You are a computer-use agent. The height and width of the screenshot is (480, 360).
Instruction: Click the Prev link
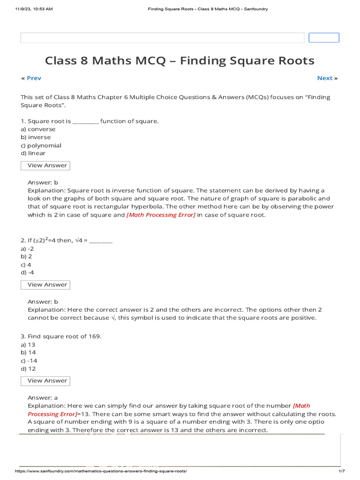tap(34, 78)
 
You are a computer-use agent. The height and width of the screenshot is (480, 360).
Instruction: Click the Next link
tap(325, 78)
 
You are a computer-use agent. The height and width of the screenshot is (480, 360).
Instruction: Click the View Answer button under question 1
tap(45, 165)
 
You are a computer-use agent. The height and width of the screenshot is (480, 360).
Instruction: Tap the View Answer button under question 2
tap(45, 285)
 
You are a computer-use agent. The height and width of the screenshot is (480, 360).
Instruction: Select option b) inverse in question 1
tap(38, 137)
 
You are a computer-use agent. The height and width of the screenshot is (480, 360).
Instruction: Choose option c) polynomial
tap(41, 145)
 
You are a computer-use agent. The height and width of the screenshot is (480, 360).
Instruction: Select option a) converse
tap(38, 129)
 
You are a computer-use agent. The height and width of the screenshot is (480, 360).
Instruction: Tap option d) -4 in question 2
tap(28, 273)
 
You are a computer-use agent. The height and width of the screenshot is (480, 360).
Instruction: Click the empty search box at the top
tap(162, 38)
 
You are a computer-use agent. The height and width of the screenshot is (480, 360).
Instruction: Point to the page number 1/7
tap(341, 471)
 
